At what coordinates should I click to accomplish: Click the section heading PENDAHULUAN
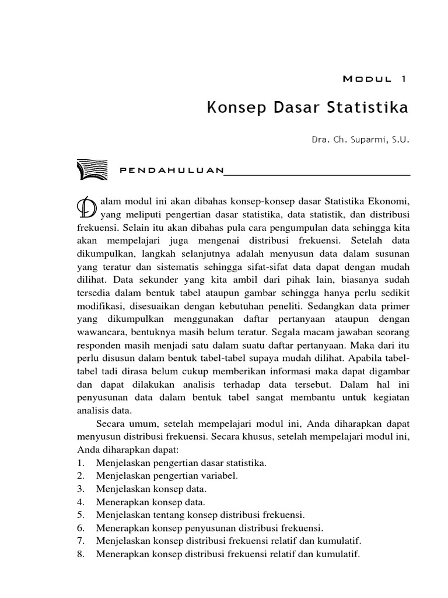pos(171,170)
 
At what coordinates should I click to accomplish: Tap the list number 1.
pos(80,463)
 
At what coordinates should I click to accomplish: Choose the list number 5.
pos(80,514)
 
